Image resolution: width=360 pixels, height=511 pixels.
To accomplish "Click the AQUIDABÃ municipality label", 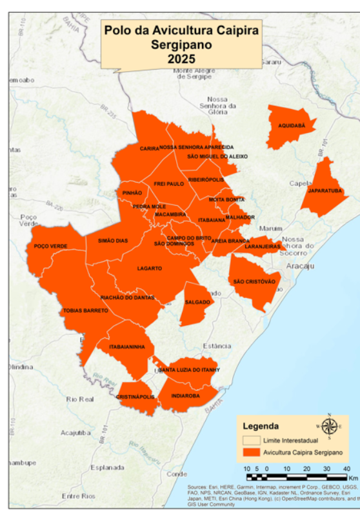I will (x=292, y=126).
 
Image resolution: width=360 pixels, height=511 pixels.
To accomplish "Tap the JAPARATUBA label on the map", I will (x=325, y=191).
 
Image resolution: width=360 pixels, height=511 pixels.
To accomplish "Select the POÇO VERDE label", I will (x=51, y=246).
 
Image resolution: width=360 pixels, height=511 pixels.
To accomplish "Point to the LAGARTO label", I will (x=150, y=268).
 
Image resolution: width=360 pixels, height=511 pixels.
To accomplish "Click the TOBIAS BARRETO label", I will (x=85, y=310).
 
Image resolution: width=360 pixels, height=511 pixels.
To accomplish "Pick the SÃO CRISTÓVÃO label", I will (x=254, y=281).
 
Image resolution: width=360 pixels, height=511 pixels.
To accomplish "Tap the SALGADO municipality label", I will (x=197, y=302).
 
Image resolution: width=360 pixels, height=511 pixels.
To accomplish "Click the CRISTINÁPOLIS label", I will (x=135, y=397).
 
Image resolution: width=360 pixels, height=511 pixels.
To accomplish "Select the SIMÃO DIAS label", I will (x=113, y=241).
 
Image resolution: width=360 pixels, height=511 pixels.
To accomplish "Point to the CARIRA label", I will (x=149, y=148).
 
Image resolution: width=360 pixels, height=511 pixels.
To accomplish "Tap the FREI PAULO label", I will (x=169, y=184).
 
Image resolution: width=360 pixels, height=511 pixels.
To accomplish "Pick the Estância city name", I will (x=217, y=346).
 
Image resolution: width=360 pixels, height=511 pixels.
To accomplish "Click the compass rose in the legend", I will (x=329, y=426).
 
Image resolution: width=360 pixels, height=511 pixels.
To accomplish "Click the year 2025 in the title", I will (x=181, y=59).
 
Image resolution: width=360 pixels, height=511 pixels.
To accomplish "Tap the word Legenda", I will (x=261, y=426).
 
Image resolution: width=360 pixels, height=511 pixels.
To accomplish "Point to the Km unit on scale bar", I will (x=353, y=478).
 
